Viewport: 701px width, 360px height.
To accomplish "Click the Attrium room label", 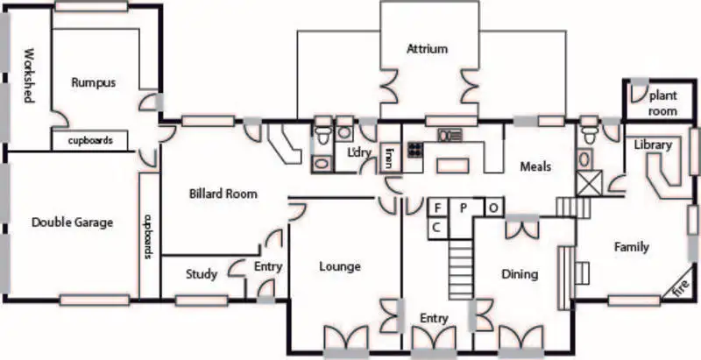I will (427, 49).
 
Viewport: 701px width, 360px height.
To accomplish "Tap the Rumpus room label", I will (93, 82).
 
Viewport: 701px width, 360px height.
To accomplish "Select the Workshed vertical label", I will (27, 74).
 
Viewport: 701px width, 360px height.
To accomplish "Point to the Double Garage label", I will (72, 222).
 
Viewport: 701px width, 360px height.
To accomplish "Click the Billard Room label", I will (223, 194).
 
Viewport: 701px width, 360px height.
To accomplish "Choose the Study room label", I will (202, 274).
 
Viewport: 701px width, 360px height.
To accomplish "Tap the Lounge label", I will (340, 266).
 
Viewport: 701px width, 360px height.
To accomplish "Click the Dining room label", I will (519, 274).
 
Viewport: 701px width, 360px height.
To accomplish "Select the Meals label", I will (535, 166).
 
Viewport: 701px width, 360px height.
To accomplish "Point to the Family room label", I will (631, 247).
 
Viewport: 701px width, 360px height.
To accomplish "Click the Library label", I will (653, 145).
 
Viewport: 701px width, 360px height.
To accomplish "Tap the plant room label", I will (662, 105).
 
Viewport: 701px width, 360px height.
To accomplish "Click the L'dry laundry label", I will (358, 152).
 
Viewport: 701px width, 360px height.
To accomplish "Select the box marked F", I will (435, 208).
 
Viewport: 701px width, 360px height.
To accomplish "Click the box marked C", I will (435, 227).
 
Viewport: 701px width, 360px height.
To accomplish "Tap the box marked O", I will (494, 208).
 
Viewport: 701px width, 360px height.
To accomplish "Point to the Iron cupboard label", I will (388, 159).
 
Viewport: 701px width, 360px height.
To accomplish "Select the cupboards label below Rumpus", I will (90, 139).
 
